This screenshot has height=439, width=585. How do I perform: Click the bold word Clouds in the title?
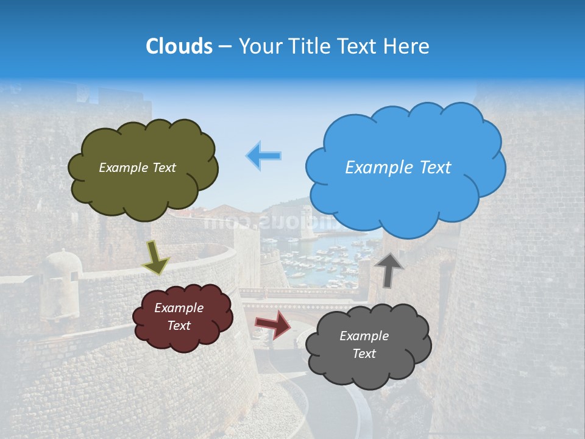pyautogui.click(x=179, y=46)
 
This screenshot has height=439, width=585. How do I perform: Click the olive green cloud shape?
pyautogui.click(x=143, y=183)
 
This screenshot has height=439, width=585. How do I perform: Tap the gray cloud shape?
pyautogui.click(x=368, y=366)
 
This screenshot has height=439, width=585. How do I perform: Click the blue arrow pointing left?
pyautogui.click(x=264, y=155)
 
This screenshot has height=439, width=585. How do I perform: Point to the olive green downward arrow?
pyautogui.click(x=156, y=257)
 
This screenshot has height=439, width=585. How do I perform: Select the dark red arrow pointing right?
pyautogui.click(x=273, y=324)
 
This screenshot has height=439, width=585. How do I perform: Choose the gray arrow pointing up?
pyautogui.click(x=389, y=269)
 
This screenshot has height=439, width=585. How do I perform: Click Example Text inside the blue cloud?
pyautogui.click(x=398, y=168)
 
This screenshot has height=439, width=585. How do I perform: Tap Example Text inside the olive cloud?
pyautogui.click(x=137, y=168)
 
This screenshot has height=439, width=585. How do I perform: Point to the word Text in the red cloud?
pyautogui.click(x=179, y=326)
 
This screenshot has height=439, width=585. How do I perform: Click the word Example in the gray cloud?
pyautogui.click(x=364, y=336)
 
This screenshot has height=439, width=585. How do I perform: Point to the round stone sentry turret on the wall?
pyautogui.click(x=61, y=268)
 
